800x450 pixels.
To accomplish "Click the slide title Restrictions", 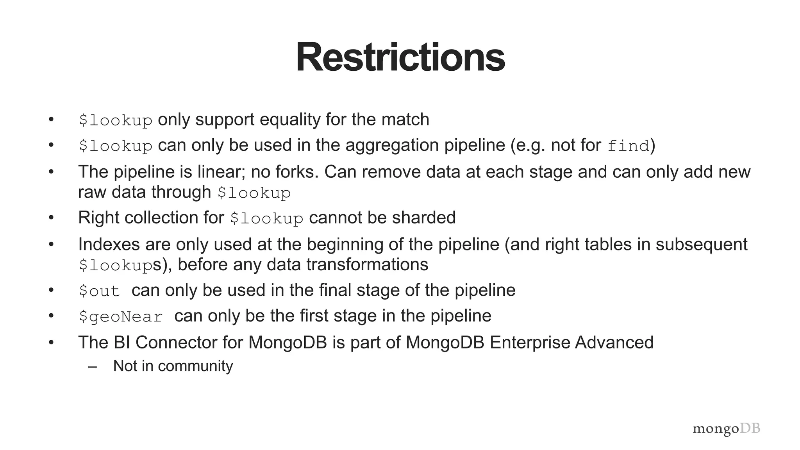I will [400, 57].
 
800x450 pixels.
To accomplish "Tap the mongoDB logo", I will [726, 429].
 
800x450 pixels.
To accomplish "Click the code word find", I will [628, 146].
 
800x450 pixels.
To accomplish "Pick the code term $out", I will [99, 291].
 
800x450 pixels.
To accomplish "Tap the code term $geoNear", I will [120, 316].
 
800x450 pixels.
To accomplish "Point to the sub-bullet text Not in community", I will [173, 366].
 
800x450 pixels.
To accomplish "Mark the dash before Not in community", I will [93, 366].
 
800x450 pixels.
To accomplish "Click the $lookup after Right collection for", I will [266, 218].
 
